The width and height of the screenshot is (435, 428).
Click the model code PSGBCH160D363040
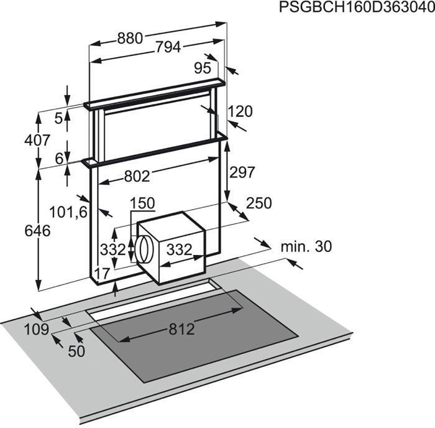[357, 7]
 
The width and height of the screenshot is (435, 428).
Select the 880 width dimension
[130, 39]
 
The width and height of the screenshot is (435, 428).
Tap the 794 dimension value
[168, 47]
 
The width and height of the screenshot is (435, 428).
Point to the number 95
[203, 68]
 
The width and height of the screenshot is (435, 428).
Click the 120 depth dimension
[240, 111]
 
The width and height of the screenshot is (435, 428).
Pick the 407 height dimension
[37, 140]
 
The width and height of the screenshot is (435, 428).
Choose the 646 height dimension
[37, 231]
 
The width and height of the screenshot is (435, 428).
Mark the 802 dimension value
[137, 176]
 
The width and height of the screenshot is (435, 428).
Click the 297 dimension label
[242, 172]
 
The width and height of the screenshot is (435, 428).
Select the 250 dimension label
[259, 203]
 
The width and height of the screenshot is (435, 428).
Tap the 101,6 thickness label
[68, 213]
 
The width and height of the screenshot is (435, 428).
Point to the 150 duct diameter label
[142, 203]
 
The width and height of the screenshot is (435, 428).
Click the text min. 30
[306, 246]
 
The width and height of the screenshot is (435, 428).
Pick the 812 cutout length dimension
[181, 330]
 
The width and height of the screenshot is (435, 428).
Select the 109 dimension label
[36, 330]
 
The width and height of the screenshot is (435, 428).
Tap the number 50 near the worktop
[76, 351]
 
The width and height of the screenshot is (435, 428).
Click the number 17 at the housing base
[103, 274]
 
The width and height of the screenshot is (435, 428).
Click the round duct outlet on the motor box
[144, 249]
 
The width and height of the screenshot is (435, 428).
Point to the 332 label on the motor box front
[179, 249]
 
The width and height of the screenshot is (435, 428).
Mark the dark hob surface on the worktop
[194, 336]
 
